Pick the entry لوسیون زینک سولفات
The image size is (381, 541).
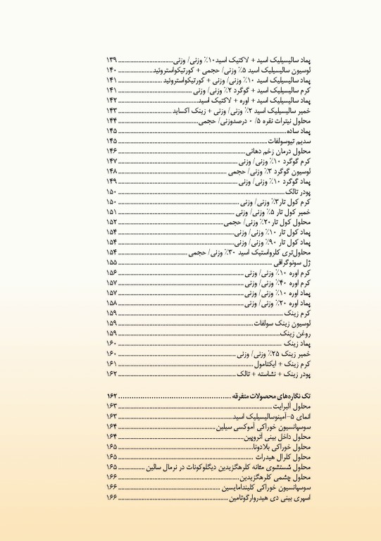[x=299, y=323]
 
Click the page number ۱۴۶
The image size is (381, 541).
[x=112, y=151]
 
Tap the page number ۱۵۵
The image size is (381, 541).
[x=112, y=262]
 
